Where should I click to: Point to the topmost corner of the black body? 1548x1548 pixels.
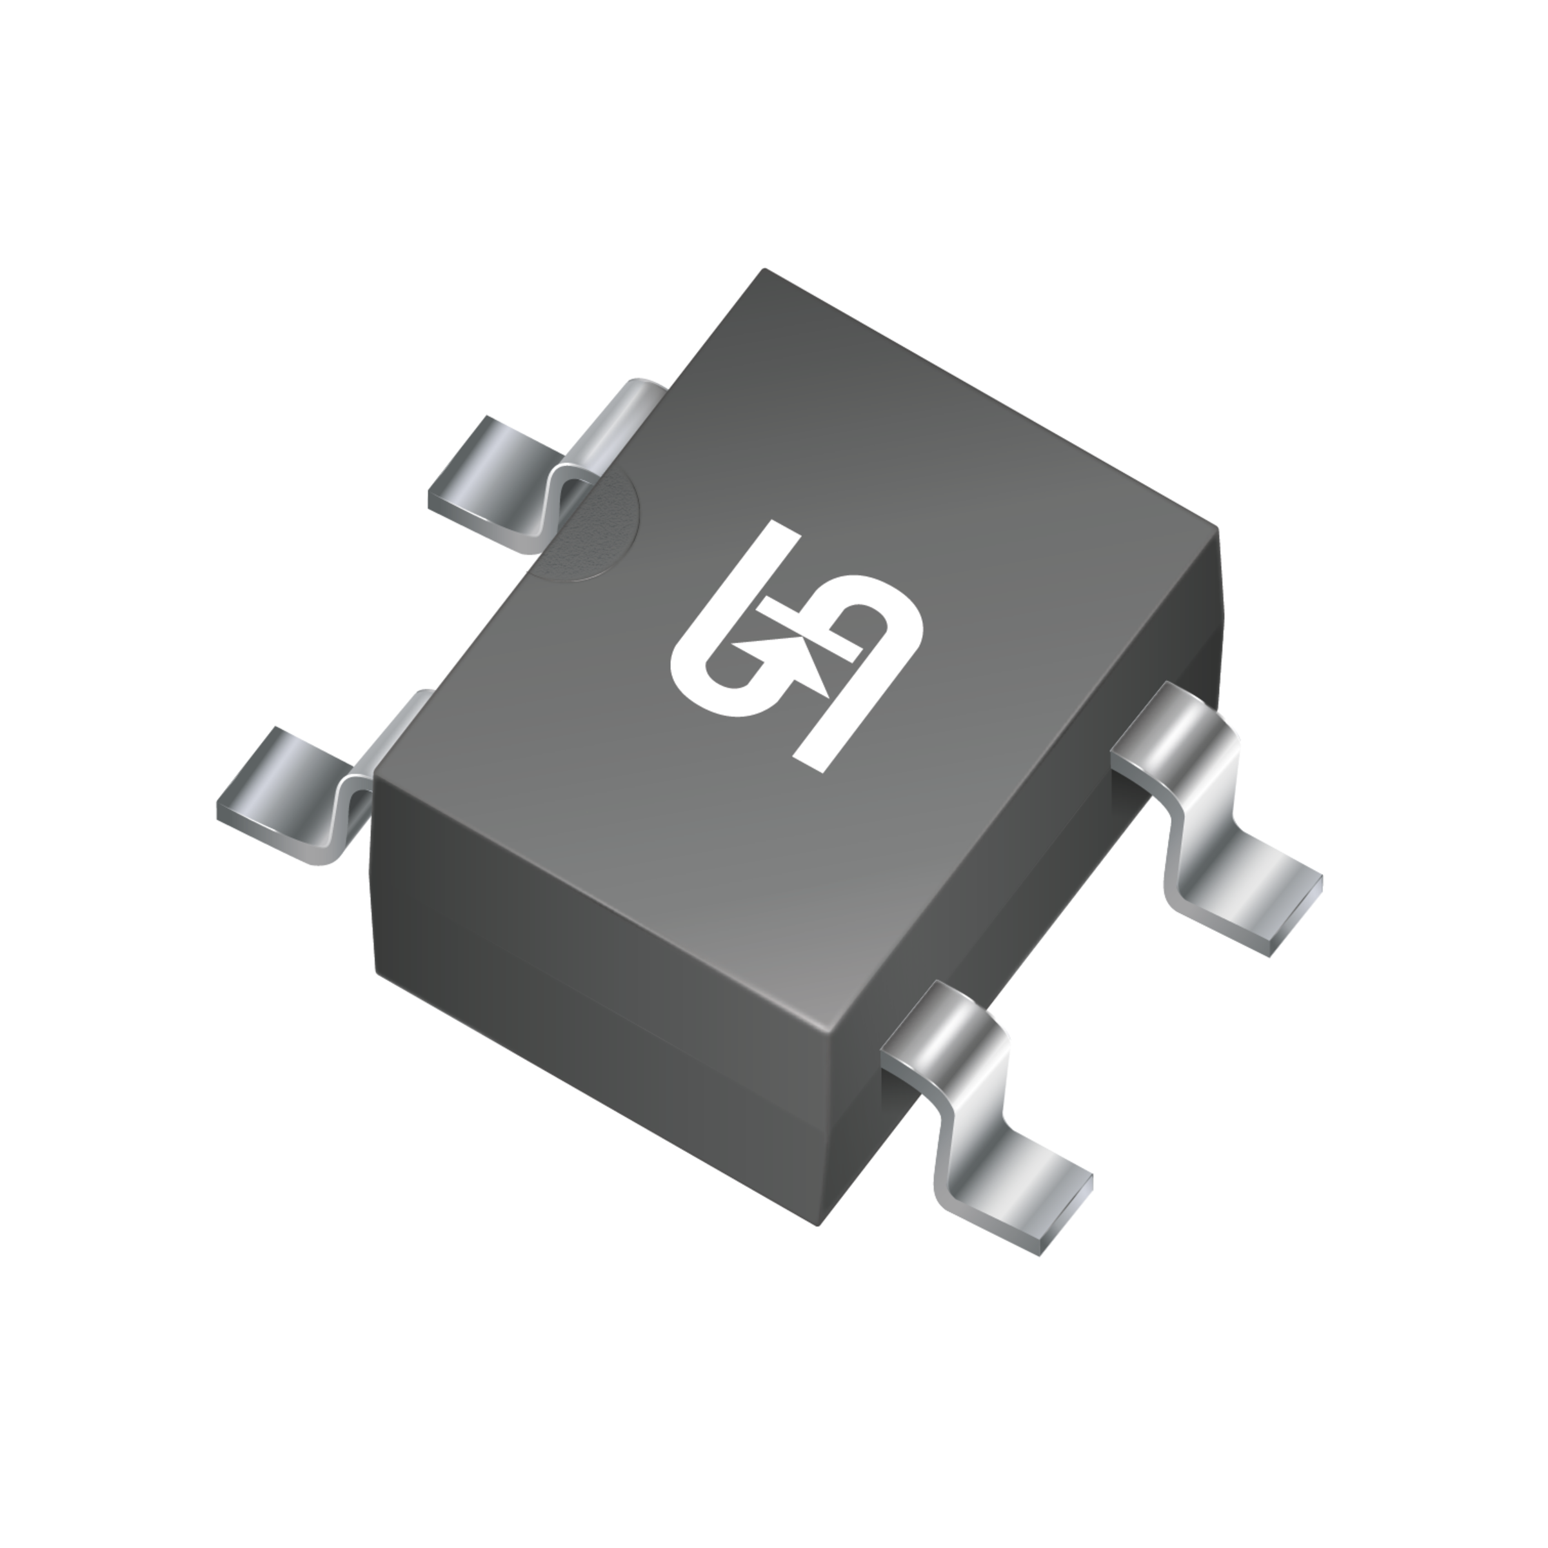point(765,270)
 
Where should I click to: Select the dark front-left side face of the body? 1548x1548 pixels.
point(601,1002)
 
